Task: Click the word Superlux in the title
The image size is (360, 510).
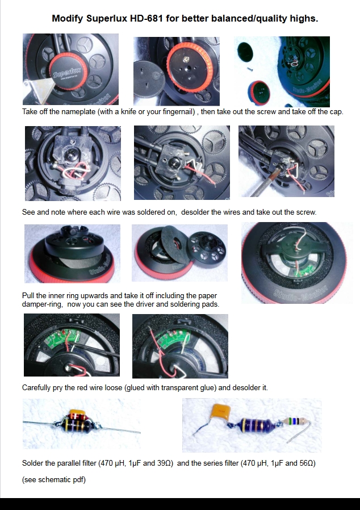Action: (107, 19)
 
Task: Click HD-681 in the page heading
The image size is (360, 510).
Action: (146, 19)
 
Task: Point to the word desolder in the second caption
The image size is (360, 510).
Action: (195, 212)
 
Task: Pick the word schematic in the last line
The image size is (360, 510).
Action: (55, 480)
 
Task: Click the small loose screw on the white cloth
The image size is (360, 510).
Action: (250, 69)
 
